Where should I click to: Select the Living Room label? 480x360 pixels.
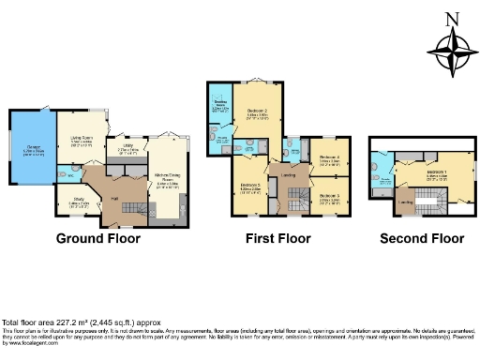click(80, 142)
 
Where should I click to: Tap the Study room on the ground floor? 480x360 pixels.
click(69, 202)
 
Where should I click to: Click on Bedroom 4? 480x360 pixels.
click(328, 159)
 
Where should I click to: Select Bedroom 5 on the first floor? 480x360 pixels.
click(328, 199)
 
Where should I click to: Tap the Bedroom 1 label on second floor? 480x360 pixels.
click(437, 173)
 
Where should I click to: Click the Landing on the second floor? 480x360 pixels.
click(407, 201)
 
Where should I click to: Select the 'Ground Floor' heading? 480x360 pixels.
click(98, 238)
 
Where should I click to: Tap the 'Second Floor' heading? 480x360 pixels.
click(422, 238)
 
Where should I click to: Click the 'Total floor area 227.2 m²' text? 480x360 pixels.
click(66, 321)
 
